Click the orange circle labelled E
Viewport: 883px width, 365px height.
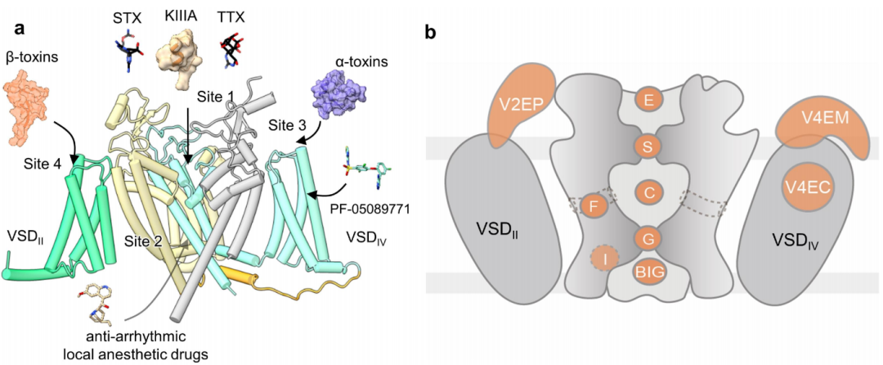(648, 101)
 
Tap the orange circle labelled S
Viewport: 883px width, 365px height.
(648, 146)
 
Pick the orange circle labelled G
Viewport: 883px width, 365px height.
(648, 238)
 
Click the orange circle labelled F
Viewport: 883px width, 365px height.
(593, 206)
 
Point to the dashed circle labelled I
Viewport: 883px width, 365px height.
(604, 259)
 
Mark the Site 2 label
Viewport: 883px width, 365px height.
(145, 241)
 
